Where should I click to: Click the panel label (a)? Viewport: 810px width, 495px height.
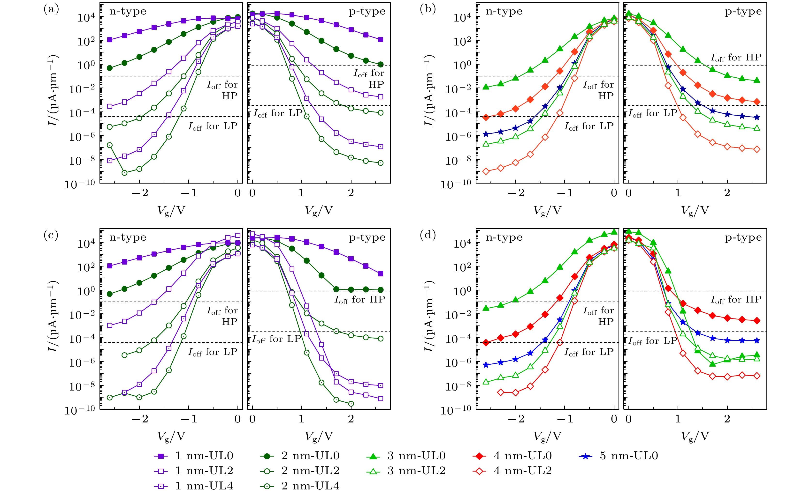[x=51, y=9]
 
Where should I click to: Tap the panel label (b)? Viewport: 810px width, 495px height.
[x=428, y=9]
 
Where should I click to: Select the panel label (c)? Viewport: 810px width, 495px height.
[x=51, y=235]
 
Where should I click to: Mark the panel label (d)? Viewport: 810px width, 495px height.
[x=428, y=235]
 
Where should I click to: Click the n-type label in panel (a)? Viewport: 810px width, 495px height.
[x=128, y=12]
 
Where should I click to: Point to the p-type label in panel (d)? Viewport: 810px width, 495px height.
[x=743, y=238]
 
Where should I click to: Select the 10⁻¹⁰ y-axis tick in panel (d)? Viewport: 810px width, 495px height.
[x=455, y=410]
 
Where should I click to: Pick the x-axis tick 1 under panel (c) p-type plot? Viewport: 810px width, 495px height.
[x=301, y=419]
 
